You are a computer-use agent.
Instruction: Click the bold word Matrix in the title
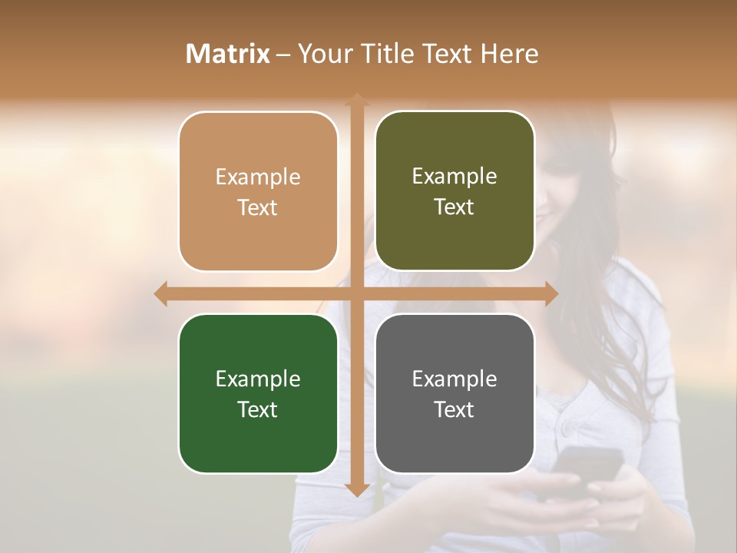coord(228,54)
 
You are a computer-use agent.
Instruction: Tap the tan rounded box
coord(258,191)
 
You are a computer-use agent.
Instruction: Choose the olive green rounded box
coord(454,191)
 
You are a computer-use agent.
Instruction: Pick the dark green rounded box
coord(258,393)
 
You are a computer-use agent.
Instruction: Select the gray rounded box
coord(454,393)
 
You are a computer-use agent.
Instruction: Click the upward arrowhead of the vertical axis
coord(357,100)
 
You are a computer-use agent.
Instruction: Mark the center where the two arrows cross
coord(357,294)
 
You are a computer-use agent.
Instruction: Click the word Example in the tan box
coord(258,177)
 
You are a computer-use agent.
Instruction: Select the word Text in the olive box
coord(454,207)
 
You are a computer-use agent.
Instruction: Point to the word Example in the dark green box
coord(258,379)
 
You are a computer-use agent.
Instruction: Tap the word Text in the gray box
coord(454,409)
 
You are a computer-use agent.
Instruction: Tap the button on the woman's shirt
coord(568,426)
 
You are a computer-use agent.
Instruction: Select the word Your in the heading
coord(325,54)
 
